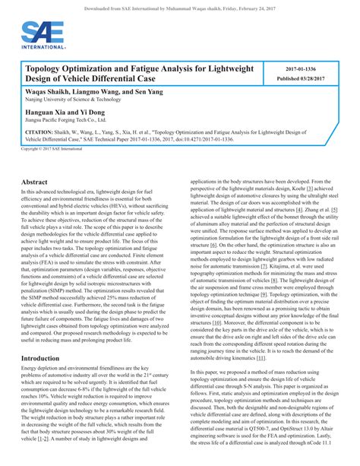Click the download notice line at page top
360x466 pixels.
click(179, 5)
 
